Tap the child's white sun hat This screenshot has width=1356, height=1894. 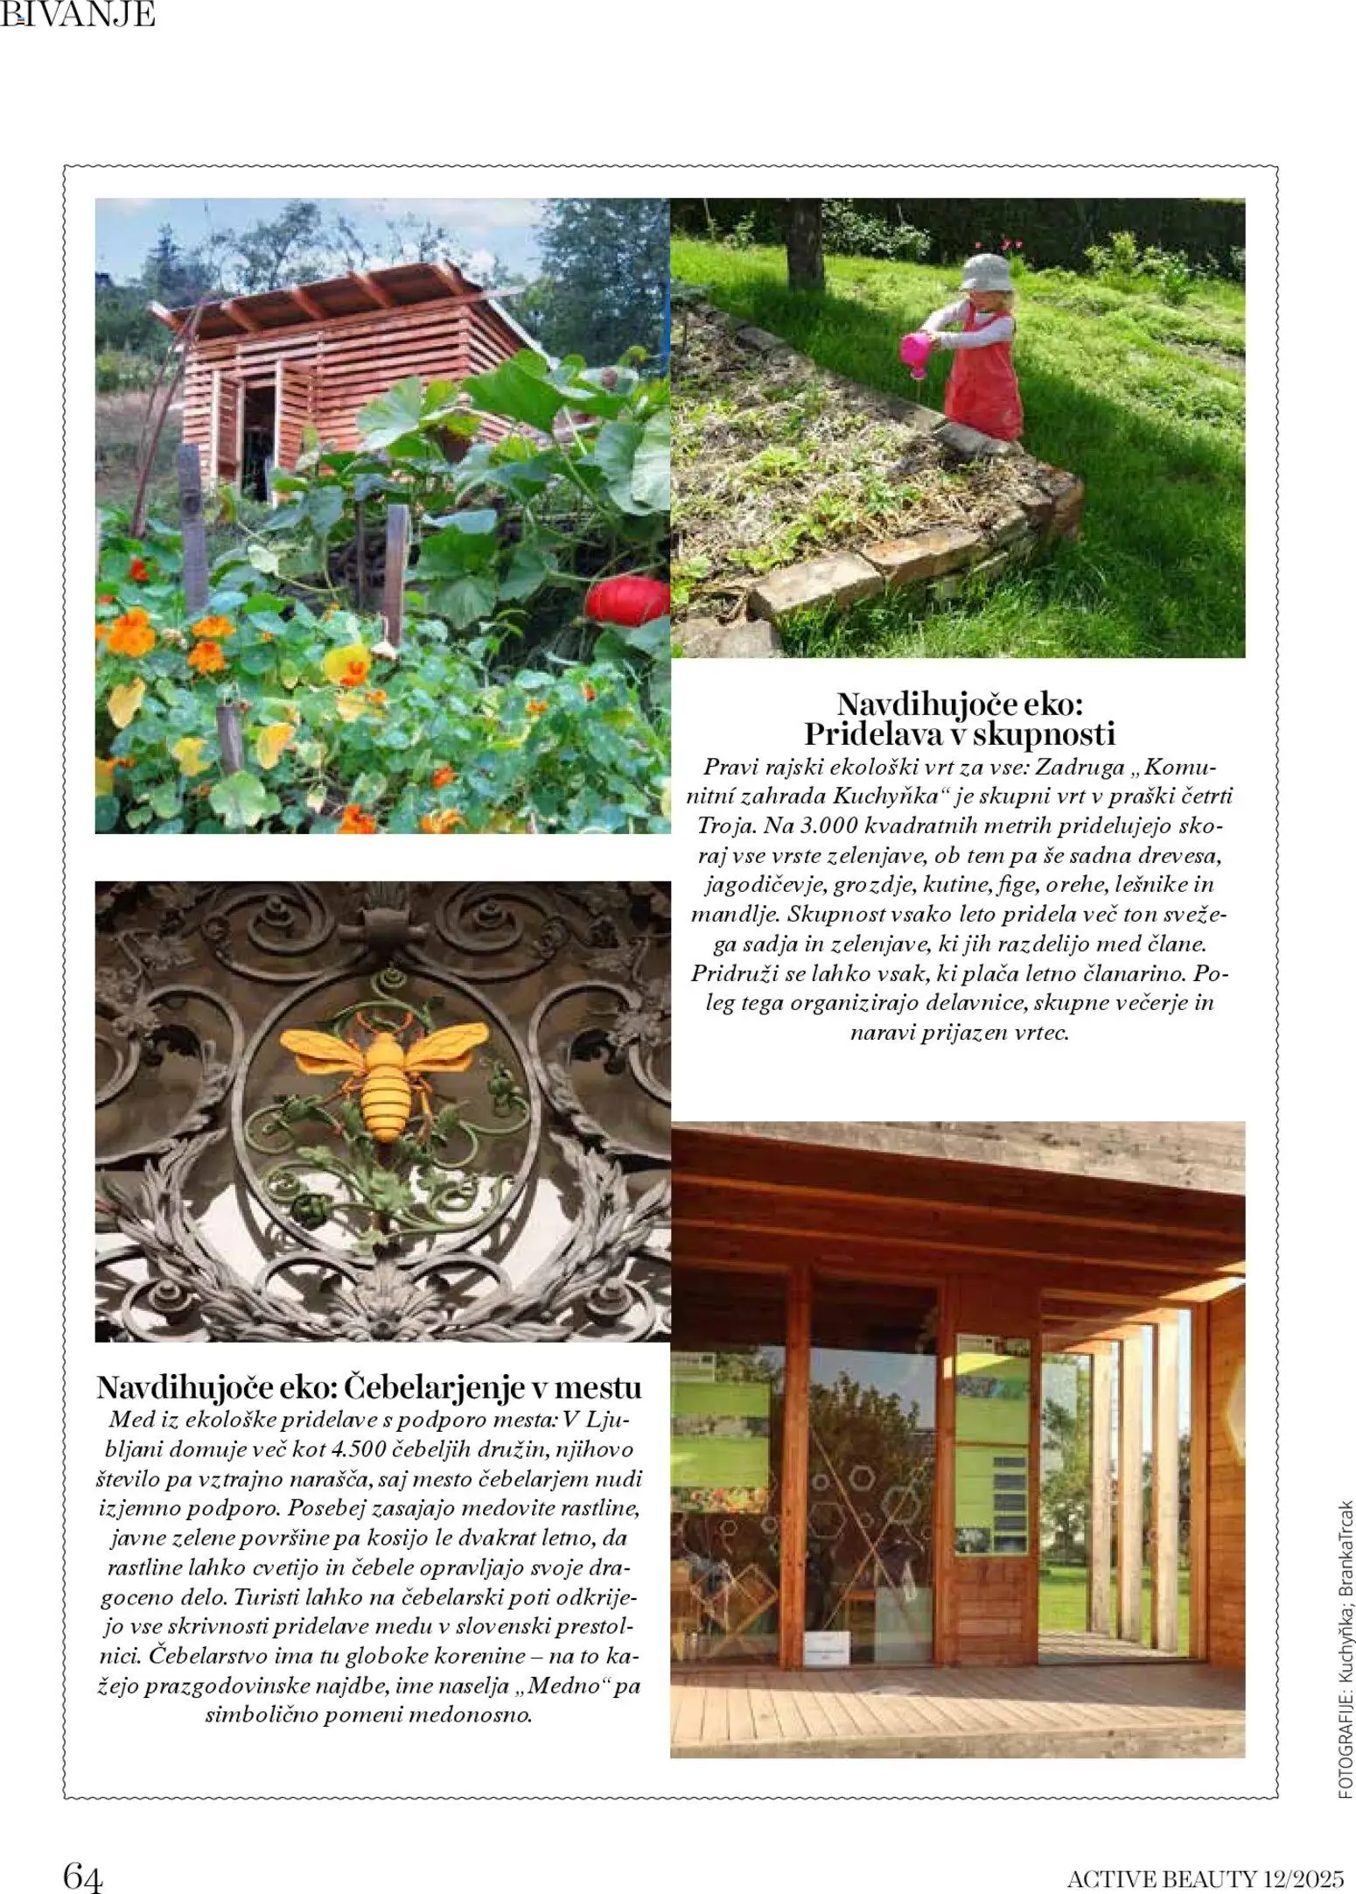987,274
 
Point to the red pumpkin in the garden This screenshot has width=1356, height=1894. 626,600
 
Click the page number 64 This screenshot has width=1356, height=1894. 83,1870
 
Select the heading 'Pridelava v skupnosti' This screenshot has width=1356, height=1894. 959,733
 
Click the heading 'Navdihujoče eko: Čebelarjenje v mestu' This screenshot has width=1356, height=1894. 369,1388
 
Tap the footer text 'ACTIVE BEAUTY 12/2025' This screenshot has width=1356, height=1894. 1204,1873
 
